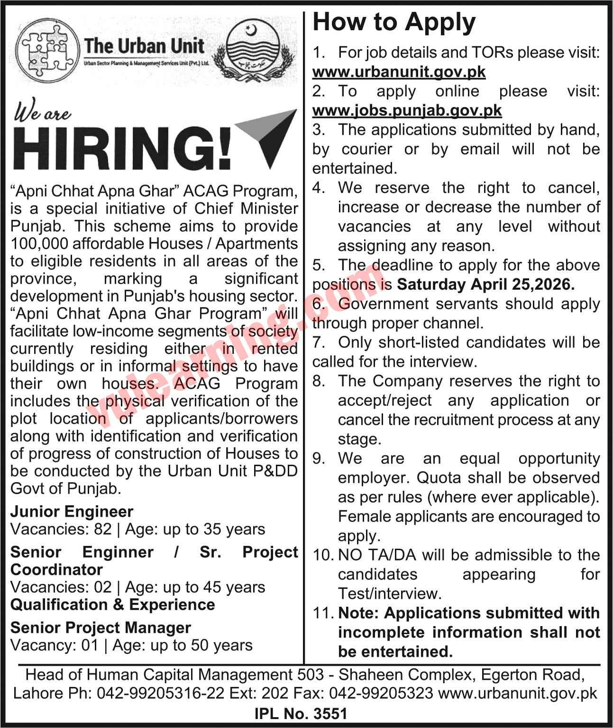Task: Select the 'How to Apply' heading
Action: pos(394,23)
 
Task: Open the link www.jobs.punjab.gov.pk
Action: pos(407,111)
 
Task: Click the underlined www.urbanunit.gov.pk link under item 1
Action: pos(399,72)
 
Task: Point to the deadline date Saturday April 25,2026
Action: pos(485,284)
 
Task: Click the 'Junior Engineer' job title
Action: pos(72,511)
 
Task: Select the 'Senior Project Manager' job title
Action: pos(101,627)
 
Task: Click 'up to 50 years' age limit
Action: pos(208,645)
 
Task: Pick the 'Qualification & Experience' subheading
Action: pos(112,605)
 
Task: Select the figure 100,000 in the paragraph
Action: pos(39,243)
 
